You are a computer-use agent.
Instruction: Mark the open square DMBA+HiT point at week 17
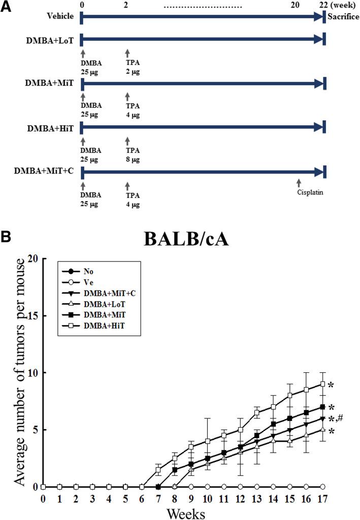tap(322, 384)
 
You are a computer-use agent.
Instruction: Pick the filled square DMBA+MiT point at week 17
tap(322, 407)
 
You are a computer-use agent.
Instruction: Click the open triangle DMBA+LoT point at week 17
tap(322, 429)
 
